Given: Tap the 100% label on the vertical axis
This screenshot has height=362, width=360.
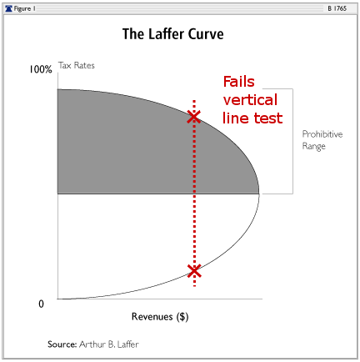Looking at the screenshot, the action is click(x=41, y=69).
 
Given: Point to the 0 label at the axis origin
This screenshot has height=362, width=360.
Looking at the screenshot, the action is click(x=41, y=304).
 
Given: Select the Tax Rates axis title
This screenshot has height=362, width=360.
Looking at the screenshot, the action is click(x=77, y=65).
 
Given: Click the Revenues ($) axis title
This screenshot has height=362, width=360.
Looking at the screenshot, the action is click(x=160, y=317).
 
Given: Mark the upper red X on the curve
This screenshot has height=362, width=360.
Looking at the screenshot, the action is click(x=193, y=117).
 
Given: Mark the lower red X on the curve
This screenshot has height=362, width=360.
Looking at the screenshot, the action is click(x=194, y=271).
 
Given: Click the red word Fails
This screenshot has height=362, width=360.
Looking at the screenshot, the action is click(x=239, y=82).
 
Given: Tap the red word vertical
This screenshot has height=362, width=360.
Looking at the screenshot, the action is click(x=250, y=100).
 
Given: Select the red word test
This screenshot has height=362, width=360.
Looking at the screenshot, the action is click(x=268, y=118).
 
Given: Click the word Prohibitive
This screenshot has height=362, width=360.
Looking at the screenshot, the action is click(x=322, y=134).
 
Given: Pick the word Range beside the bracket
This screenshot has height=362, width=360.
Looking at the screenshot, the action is click(x=313, y=146).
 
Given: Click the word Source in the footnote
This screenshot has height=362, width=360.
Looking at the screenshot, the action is click(x=62, y=344).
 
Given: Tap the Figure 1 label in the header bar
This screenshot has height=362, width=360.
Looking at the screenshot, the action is click(x=24, y=8).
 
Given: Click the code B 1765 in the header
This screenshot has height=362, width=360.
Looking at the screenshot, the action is click(x=337, y=8).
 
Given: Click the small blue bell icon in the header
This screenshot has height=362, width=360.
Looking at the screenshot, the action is click(x=9, y=8).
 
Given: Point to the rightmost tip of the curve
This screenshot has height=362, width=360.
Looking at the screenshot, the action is click(x=259, y=194).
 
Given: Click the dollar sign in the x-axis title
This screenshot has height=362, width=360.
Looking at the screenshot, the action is click(x=182, y=317).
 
